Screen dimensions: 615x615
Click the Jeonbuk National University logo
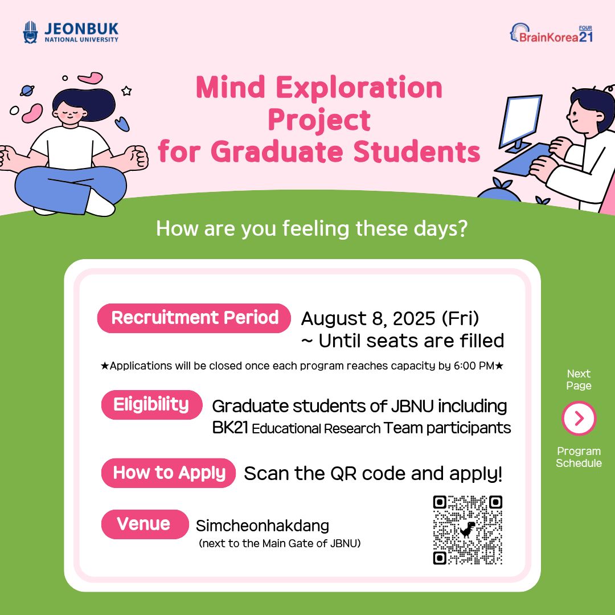71,32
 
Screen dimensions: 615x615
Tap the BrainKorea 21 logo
551,33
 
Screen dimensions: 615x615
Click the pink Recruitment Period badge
194,318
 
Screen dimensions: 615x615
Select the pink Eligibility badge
152,405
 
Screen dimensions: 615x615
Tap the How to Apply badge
169,473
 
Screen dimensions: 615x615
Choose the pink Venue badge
145,524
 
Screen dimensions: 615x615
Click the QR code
468,530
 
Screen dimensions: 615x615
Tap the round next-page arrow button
579,418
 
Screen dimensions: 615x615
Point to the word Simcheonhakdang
263,526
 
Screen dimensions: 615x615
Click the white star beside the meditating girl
126,91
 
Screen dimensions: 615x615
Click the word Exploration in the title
359,88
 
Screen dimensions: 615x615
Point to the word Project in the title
319,120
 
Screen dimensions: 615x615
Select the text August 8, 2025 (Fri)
390,318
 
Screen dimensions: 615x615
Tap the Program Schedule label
579,457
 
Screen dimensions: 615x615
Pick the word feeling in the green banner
315,229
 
